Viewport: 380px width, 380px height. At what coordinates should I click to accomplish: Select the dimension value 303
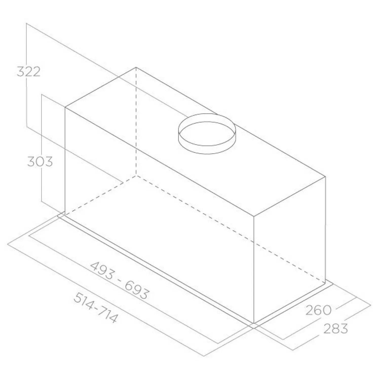[40, 162]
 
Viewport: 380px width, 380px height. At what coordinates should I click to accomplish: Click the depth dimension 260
[318, 310]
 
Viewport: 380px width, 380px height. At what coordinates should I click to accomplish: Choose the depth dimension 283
[336, 329]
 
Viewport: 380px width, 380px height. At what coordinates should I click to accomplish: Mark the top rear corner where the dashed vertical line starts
[136, 67]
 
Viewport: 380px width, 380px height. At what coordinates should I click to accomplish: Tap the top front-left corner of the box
[65, 107]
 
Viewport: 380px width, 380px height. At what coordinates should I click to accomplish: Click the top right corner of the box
[325, 177]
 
